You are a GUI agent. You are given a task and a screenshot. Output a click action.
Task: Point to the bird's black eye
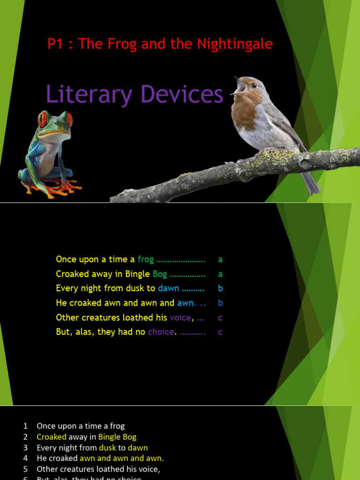(x=254, y=86)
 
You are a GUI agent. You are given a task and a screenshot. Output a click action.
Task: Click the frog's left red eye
(x=43, y=120)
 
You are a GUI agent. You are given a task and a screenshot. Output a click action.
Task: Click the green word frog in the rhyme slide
(x=145, y=259)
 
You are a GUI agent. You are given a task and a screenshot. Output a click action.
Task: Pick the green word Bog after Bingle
(x=160, y=274)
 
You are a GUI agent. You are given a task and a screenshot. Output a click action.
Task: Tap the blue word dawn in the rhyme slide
(x=168, y=288)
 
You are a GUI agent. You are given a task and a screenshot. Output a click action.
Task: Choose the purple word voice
(x=180, y=317)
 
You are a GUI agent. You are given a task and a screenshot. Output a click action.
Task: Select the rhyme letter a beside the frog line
(x=220, y=259)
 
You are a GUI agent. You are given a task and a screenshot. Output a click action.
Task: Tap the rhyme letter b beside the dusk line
(x=220, y=288)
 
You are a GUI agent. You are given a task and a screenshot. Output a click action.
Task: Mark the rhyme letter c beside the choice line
(x=220, y=332)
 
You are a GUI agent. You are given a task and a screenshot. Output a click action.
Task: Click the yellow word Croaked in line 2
(x=52, y=437)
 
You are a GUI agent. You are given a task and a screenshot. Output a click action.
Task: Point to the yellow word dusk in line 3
(x=107, y=448)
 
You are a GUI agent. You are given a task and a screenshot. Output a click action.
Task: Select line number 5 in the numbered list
(x=25, y=469)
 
